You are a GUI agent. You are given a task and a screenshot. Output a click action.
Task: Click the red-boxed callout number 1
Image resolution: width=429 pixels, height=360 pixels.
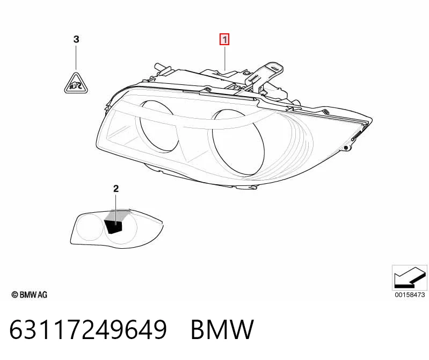point(224,40)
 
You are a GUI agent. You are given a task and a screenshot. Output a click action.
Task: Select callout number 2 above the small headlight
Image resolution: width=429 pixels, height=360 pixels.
point(116,189)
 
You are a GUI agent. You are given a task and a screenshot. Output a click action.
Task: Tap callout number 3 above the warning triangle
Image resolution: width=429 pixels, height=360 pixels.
point(76,39)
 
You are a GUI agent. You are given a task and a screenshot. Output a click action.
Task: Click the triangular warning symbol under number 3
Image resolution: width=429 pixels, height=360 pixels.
point(76,83)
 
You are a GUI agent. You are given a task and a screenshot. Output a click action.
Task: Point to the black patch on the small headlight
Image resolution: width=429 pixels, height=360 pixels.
point(113,227)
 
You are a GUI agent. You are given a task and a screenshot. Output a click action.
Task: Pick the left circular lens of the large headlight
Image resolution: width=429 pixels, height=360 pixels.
point(158,126)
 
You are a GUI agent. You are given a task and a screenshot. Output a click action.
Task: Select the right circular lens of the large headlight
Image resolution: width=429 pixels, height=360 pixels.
point(237,142)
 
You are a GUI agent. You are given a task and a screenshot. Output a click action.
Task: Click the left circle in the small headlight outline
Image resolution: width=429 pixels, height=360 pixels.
point(90,227)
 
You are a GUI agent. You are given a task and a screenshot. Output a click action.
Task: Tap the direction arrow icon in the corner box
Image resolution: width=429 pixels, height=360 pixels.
point(410,277)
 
